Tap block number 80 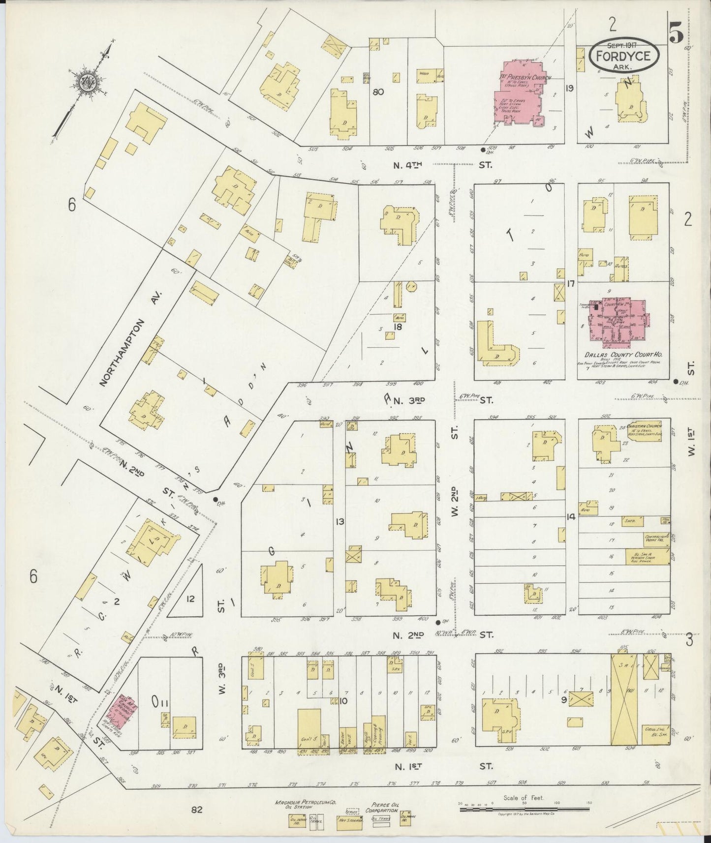pos(378,91)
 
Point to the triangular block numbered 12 pos(191,599)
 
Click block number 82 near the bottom pos(197,810)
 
